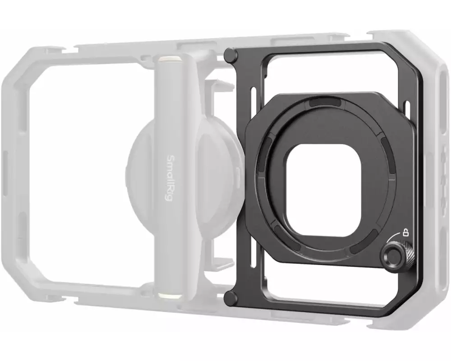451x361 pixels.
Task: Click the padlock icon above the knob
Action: pyautogui.click(x=406, y=233)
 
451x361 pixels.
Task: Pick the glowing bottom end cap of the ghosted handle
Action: pyautogui.click(x=170, y=295)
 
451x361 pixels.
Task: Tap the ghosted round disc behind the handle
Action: pyautogui.click(x=140, y=171)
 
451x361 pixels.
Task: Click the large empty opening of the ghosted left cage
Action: pyautogui.click(x=81, y=176)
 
